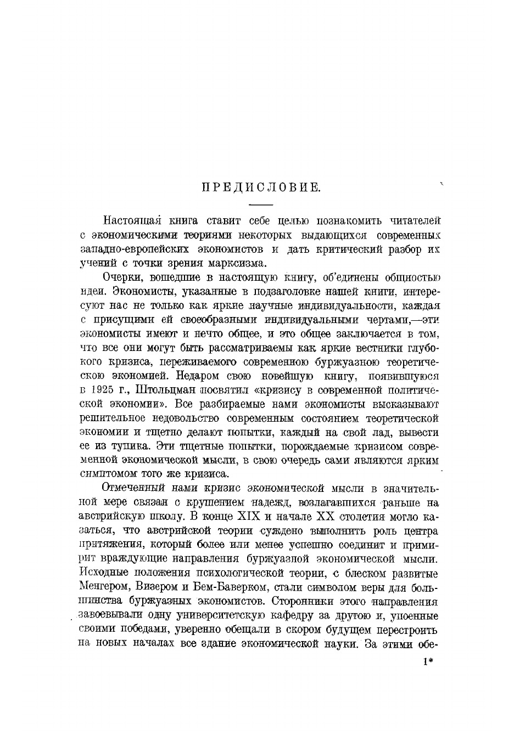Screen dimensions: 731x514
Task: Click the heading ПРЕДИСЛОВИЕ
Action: tap(260, 188)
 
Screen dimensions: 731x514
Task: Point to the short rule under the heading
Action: tap(260, 205)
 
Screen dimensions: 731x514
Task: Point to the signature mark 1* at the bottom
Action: tap(429, 662)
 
